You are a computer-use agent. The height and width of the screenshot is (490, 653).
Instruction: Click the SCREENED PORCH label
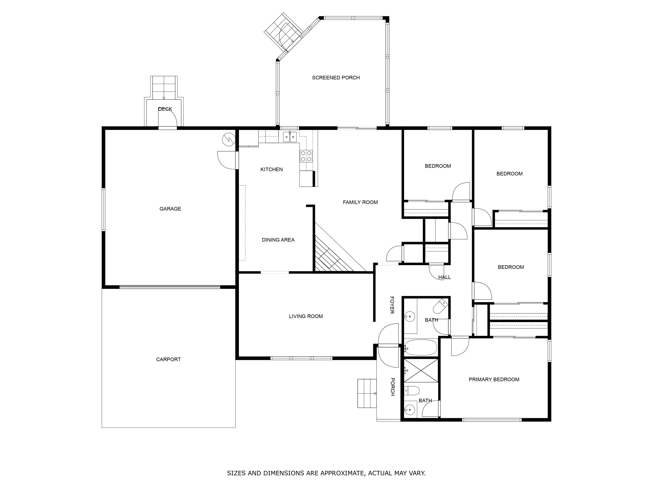click(x=336, y=78)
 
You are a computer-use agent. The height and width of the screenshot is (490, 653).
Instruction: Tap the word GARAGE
click(x=170, y=209)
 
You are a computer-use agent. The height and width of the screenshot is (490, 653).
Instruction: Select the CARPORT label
click(x=168, y=360)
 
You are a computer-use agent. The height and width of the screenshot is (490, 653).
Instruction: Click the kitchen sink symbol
click(x=289, y=137)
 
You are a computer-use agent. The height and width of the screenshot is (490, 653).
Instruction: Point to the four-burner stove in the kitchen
click(x=306, y=156)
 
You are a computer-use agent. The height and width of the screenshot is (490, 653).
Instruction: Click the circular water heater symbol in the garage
click(x=229, y=139)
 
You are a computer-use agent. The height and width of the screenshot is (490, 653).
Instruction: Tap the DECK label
click(x=165, y=109)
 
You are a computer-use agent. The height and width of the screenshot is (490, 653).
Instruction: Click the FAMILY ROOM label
click(x=360, y=202)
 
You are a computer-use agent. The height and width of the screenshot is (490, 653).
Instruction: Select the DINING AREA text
click(x=278, y=240)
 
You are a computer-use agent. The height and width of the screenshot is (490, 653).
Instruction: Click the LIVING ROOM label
click(x=306, y=316)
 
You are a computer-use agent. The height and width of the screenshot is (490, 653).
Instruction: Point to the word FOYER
click(x=392, y=305)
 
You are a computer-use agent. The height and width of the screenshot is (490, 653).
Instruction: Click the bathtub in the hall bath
click(x=421, y=347)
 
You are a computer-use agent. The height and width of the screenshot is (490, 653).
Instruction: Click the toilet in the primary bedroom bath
click(x=412, y=391)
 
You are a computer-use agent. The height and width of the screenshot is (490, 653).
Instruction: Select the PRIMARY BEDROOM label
click(x=494, y=380)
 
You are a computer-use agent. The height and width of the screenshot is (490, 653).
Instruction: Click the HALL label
click(x=444, y=277)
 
